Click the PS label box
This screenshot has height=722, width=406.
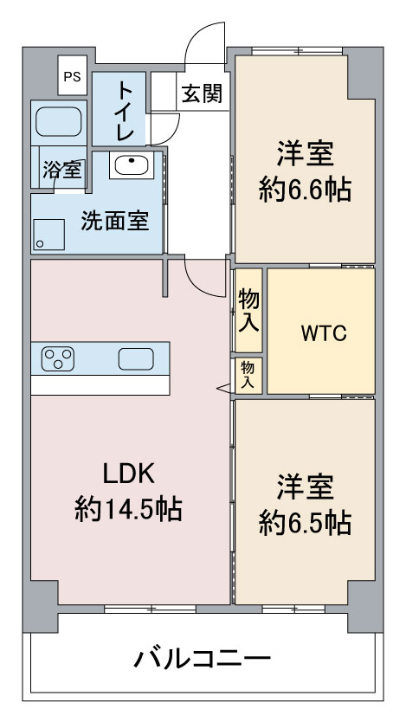tap(70, 75)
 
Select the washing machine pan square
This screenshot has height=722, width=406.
tap(49, 233)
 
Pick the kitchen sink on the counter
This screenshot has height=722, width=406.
tap(136, 358)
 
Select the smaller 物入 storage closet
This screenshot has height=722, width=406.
tap(248, 374)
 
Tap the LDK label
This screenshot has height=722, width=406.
tap(128, 474)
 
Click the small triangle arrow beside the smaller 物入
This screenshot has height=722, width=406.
tap(225, 390)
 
